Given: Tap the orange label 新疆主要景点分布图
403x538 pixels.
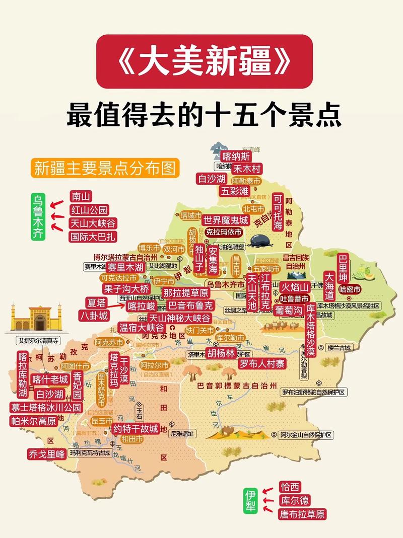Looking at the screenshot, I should (x=105, y=168).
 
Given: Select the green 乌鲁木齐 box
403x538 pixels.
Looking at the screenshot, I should (x=38, y=216).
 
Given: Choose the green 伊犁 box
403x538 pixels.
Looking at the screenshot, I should (x=250, y=500).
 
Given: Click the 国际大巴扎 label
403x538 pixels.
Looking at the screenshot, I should (x=93, y=237).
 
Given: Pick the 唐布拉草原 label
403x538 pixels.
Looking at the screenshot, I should (x=302, y=514).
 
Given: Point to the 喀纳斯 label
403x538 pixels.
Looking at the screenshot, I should (x=236, y=156).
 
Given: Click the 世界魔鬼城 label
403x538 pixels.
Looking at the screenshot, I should (x=226, y=220).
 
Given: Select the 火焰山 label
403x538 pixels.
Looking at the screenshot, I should (x=294, y=287).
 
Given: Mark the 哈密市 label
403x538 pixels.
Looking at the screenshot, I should (x=350, y=289).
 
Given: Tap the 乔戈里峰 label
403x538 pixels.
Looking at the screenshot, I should (x=47, y=454).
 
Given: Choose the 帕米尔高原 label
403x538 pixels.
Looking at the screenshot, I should (x=34, y=421).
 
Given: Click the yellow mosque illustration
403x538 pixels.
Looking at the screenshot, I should (x=35, y=318).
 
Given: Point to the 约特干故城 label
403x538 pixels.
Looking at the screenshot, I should (x=135, y=429).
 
